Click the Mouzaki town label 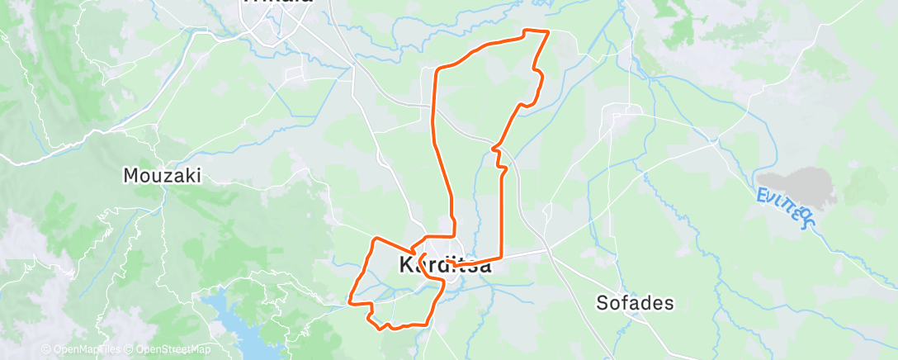tap(162, 175)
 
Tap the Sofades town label tap(635, 303)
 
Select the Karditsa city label tap(445, 266)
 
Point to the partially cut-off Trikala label tap(277, 3)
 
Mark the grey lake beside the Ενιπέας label tap(796, 185)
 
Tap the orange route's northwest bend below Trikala tap(437, 69)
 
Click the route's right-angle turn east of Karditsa tap(503, 258)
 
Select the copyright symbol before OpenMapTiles tap(45, 350)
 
